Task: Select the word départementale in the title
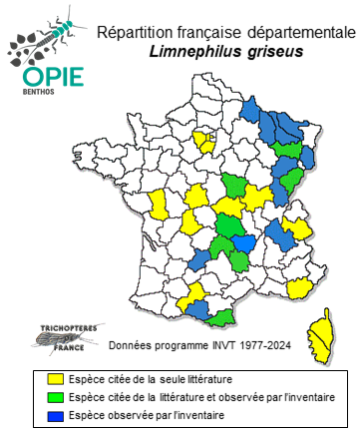(x=289, y=33)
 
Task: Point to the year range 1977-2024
(x=253, y=348)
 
